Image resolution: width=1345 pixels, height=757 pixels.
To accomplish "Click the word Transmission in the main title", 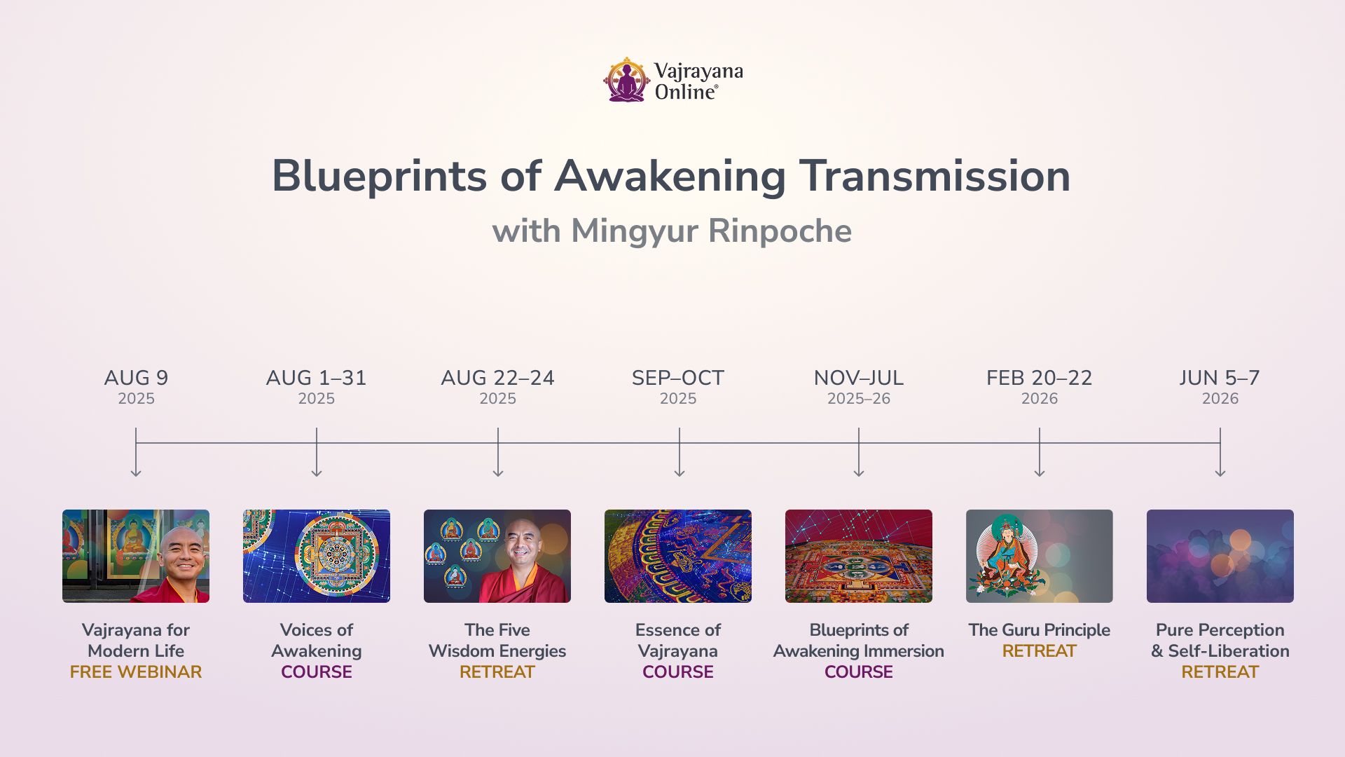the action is (x=935, y=176).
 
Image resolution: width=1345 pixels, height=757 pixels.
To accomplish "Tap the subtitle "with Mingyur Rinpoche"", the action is (x=672, y=231).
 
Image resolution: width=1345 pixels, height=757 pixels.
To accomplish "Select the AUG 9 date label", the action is (x=136, y=378).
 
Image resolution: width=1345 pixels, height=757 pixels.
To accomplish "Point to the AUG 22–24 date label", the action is (x=497, y=378).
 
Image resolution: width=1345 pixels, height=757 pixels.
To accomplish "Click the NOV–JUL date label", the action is (x=859, y=378).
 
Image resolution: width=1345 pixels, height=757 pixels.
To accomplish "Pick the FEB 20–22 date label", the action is (x=1040, y=378).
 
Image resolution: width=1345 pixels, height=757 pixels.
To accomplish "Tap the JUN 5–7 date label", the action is (x=1220, y=378).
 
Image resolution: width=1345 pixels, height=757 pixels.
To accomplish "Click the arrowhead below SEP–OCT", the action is (x=679, y=473).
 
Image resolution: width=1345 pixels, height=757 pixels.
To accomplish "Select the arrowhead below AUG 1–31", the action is (x=317, y=473).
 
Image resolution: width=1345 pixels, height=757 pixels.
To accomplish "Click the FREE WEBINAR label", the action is (x=136, y=672).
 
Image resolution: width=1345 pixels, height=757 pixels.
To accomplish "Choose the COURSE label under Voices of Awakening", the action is (x=317, y=672).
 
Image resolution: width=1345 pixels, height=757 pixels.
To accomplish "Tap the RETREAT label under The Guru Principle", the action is (x=1040, y=651).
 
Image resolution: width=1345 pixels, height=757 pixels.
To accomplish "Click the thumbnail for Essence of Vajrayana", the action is (x=678, y=556).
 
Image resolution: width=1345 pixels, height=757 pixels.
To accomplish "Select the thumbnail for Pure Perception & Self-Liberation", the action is (x=1220, y=556).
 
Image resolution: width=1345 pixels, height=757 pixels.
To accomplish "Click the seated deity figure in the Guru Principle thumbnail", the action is (x=1003, y=557).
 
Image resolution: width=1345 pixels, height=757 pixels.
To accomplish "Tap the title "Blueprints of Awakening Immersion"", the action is (x=859, y=641).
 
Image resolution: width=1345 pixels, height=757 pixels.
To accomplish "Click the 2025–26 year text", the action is (x=859, y=399).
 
